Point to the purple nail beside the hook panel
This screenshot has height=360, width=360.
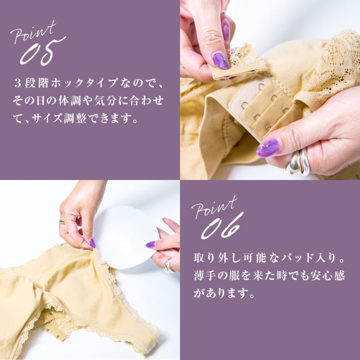[x=268, y=148]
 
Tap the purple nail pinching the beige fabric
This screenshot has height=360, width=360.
[x=92, y=243]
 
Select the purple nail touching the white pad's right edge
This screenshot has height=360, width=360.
[x=151, y=244]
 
